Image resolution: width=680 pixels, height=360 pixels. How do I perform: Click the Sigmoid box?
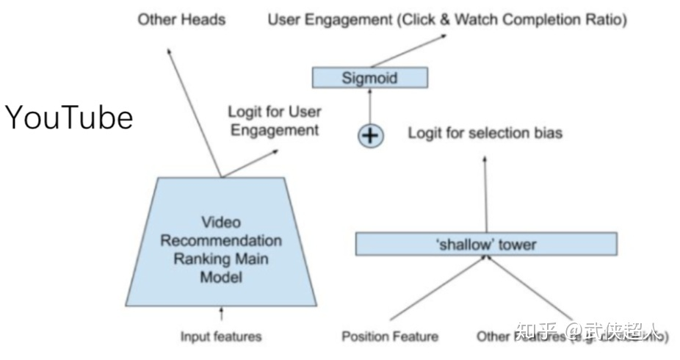point(369,77)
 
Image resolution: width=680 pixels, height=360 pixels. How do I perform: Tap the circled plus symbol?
point(370,135)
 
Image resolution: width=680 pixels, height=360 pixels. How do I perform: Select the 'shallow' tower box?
point(485,244)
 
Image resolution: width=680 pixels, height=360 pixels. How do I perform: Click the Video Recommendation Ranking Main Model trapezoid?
point(221,250)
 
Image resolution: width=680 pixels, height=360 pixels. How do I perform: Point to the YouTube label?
point(70,118)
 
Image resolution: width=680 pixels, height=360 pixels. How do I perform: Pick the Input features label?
point(221,336)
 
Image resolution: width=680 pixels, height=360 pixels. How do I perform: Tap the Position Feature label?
point(390,336)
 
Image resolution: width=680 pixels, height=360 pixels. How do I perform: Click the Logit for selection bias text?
point(485,133)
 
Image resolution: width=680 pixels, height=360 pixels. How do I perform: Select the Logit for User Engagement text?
point(274,121)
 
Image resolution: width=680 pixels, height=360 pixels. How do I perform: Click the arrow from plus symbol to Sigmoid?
point(370,106)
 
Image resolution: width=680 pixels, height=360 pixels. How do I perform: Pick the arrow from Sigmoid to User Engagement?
point(397,50)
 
